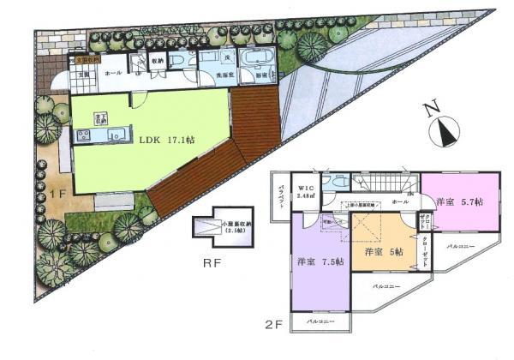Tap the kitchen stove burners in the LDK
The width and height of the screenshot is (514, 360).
pos(84,136)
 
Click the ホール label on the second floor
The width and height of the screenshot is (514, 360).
pos(399,203)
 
